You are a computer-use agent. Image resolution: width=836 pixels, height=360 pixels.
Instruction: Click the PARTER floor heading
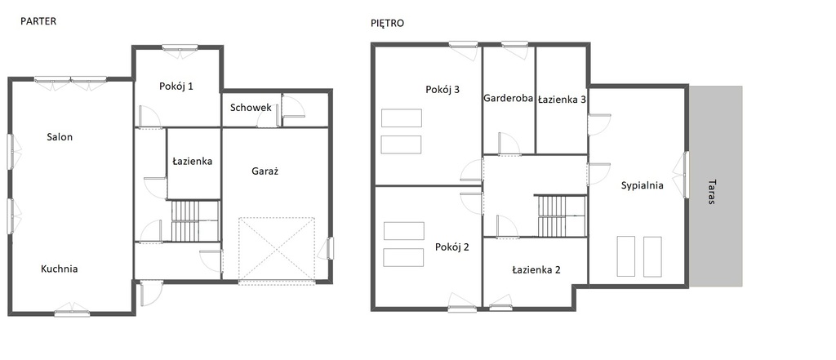point(38,21)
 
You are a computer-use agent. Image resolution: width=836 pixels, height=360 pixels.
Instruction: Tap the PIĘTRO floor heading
point(388,23)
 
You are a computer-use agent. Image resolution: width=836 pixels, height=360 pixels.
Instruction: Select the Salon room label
point(60,137)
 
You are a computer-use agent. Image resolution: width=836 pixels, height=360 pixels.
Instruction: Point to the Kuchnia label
point(59,269)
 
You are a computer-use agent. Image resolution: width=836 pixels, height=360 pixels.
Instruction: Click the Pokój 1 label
point(176,87)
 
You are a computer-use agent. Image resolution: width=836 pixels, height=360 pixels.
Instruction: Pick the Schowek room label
point(251,108)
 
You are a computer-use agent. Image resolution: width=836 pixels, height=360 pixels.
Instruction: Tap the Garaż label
point(265,171)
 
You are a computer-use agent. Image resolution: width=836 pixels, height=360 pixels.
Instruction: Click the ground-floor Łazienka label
point(193,161)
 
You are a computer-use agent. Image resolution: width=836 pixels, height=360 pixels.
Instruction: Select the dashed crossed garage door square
point(276,248)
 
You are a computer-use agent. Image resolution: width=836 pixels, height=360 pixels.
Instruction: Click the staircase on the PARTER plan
point(194,220)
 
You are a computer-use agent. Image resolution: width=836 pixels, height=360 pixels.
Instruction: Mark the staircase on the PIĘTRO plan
point(562,216)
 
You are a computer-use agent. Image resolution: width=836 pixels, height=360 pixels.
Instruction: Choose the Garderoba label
point(509,98)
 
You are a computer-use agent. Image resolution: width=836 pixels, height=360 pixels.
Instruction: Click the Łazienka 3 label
point(562,100)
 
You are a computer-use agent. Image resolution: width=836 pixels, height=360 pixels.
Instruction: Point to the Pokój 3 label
point(442,90)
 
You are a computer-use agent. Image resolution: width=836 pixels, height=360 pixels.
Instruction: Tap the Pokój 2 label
point(452,247)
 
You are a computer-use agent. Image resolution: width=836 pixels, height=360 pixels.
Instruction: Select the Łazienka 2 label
point(536,269)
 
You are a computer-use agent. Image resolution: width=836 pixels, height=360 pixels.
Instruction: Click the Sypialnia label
point(642,185)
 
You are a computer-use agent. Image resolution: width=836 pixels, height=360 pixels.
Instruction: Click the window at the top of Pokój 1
point(180,47)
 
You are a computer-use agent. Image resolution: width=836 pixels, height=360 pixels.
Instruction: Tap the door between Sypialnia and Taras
point(685,175)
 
